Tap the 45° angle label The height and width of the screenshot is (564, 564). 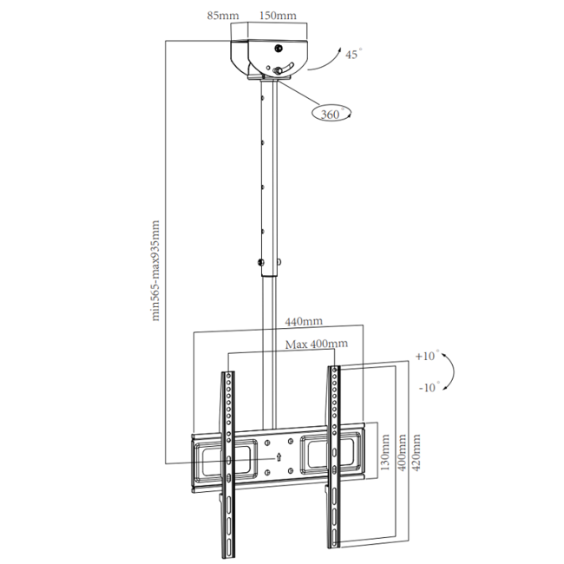pos(353,55)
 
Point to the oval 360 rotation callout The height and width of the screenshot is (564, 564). pos(331,113)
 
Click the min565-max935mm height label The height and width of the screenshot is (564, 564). pos(156,270)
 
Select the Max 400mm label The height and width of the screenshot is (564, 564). pos(316,344)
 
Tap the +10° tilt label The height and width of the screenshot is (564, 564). pos(427,356)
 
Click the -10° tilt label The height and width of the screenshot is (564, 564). pos(428,387)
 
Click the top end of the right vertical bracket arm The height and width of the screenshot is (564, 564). pos(333,371)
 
